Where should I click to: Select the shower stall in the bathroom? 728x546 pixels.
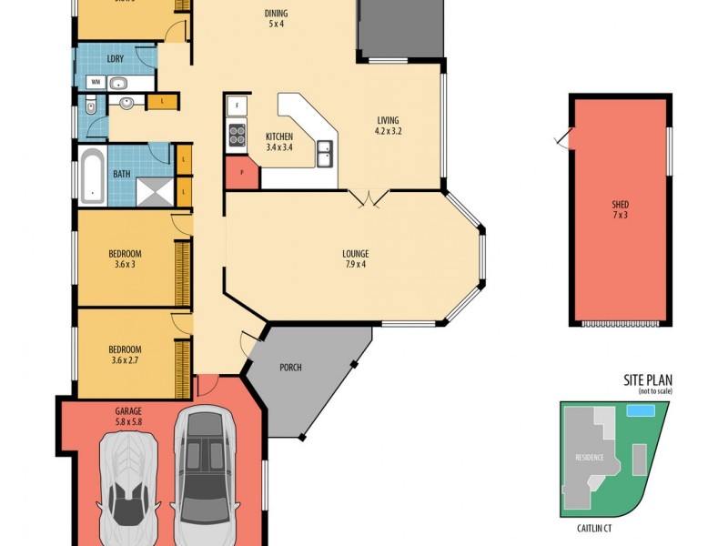(x=154, y=189)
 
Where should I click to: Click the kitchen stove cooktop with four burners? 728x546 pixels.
(x=236, y=136)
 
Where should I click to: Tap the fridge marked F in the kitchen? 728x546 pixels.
(x=235, y=106)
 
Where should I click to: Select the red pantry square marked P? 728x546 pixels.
(x=241, y=172)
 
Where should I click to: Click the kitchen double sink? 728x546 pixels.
(x=324, y=154)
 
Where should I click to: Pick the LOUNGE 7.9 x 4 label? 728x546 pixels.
(x=355, y=259)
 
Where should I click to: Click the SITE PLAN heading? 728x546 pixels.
(x=647, y=380)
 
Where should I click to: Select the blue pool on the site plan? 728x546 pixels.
(x=641, y=411)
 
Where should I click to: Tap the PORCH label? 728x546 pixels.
(x=291, y=368)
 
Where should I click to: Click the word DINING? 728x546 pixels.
(x=277, y=14)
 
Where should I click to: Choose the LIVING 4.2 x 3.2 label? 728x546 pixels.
(x=389, y=126)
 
